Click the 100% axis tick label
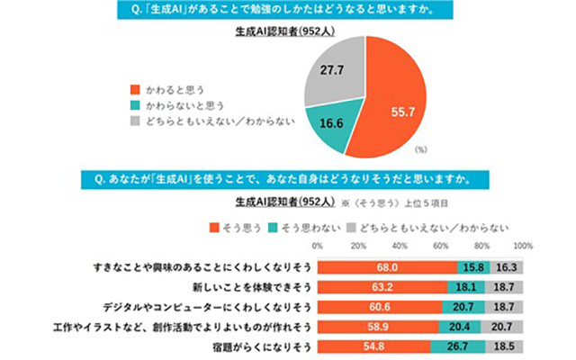[x=522, y=245]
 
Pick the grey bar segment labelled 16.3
[x=506, y=267]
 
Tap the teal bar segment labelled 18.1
[x=464, y=287]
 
